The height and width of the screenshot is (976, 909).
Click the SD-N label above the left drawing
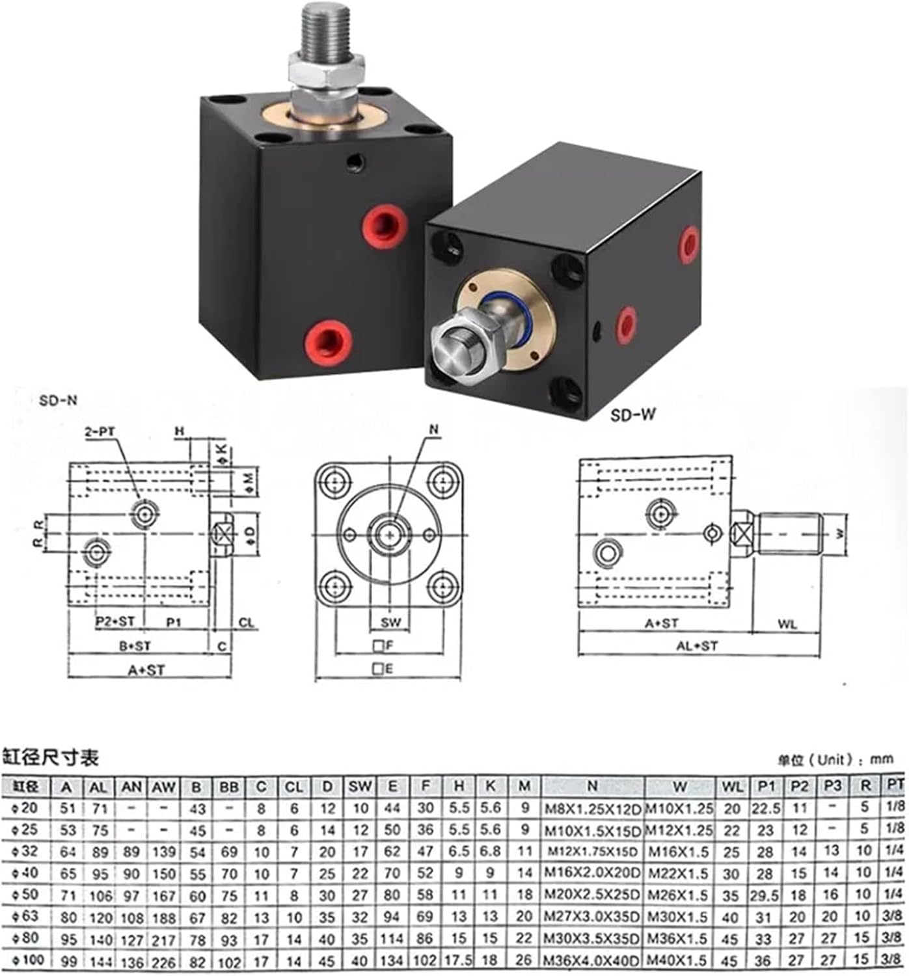pos(58,401)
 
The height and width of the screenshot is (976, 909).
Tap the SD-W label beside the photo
pos(632,414)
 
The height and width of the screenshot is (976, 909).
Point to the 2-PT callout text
pos(100,431)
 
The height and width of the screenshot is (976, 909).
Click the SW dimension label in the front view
pos(391,622)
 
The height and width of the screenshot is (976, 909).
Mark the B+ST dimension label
pos(135,646)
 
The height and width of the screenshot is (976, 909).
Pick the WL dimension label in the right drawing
pos(787,624)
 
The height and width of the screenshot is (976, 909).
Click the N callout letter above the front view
pos(434,429)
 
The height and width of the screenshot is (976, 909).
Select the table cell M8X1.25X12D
pos(591,809)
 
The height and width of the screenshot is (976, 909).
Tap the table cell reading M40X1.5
pos(679,960)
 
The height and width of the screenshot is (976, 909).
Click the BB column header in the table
pos(229,787)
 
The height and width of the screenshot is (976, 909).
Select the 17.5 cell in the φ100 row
pos(459,960)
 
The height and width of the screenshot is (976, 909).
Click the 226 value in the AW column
pos(164,961)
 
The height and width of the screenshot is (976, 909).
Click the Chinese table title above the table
pos(51,757)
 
